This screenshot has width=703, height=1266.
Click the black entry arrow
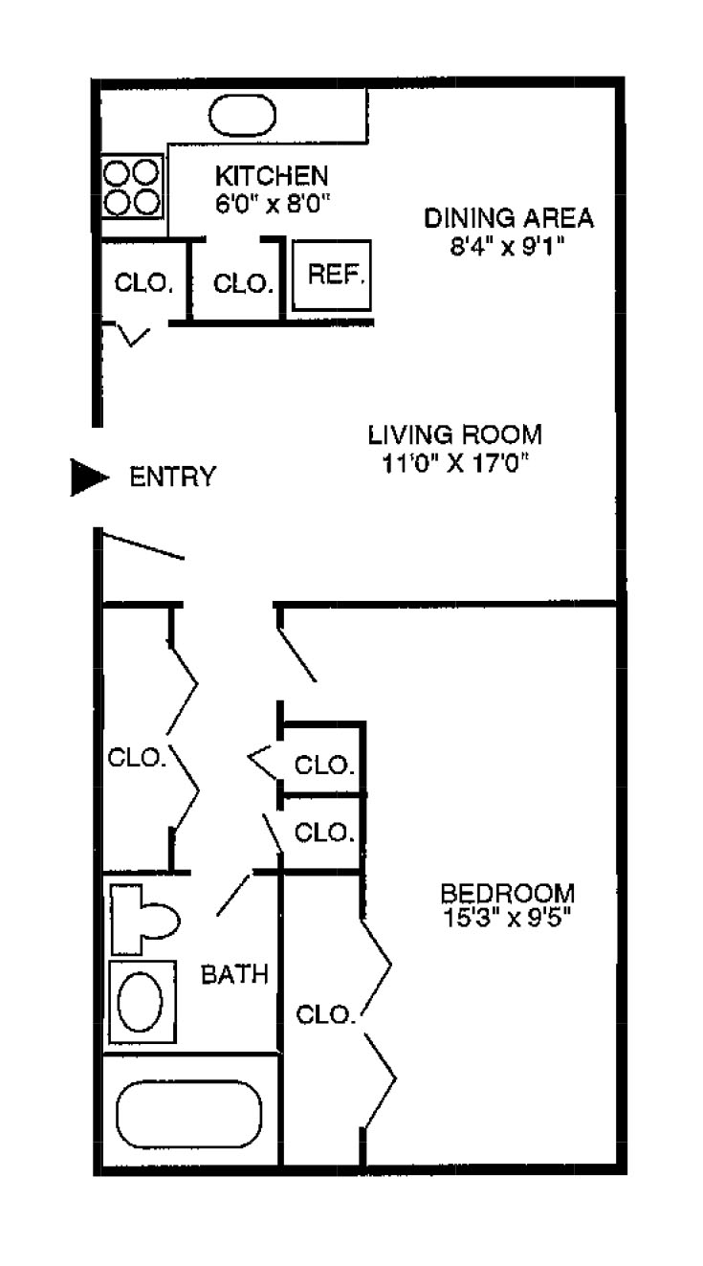(x=90, y=478)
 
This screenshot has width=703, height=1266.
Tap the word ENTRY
(x=173, y=478)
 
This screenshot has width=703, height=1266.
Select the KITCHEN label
(x=272, y=176)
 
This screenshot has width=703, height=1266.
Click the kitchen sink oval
(x=242, y=117)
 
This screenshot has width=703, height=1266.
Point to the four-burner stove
(x=131, y=188)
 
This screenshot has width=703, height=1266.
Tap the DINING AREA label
(x=508, y=218)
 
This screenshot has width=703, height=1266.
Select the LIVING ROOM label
(x=455, y=435)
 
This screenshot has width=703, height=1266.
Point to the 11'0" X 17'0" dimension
(x=455, y=463)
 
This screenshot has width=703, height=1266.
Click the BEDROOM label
(x=508, y=894)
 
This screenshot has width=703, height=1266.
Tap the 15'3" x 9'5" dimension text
(x=508, y=919)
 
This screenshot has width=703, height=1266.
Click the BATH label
(x=234, y=975)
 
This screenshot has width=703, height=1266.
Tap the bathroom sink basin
(x=140, y=1002)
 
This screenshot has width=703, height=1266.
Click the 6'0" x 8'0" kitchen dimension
(x=272, y=203)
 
